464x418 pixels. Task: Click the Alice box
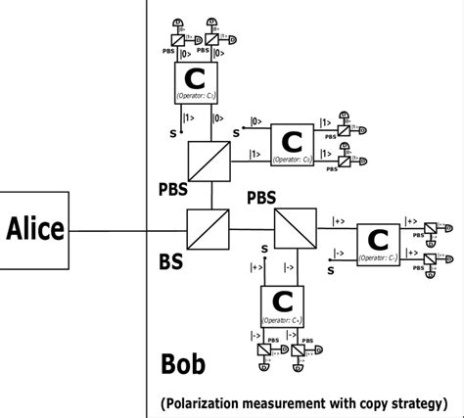pyautogui.click(x=35, y=231)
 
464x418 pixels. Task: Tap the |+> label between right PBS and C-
pyautogui.click(x=338, y=221)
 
